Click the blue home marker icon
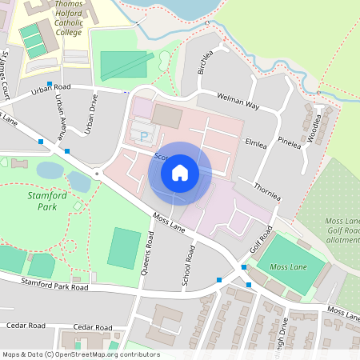pyautogui.click(x=180, y=173)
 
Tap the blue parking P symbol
pyautogui.click(x=144, y=137)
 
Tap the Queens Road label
pyautogui.click(x=148, y=252)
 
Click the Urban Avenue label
pyautogui.click(x=60, y=114)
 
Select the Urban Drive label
pyautogui.click(x=91, y=117)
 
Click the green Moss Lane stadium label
pyautogui.click(x=290, y=266)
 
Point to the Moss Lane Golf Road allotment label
pyautogui.click(x=342, y=230)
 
